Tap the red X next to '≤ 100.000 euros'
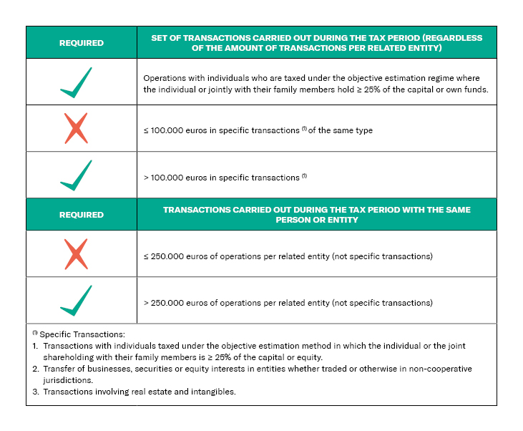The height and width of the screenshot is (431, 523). coord(76,129)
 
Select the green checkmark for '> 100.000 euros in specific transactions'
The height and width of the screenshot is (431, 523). coord(76,175)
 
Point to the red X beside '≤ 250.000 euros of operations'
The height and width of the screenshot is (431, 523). coord(76,254)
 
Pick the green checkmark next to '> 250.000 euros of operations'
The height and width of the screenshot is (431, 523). coord(76,301)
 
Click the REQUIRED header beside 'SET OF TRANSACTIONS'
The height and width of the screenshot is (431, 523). coord(81,43)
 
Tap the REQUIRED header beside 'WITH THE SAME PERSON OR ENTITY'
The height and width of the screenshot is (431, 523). coord(81,215)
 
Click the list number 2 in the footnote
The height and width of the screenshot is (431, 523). coord(35,369)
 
